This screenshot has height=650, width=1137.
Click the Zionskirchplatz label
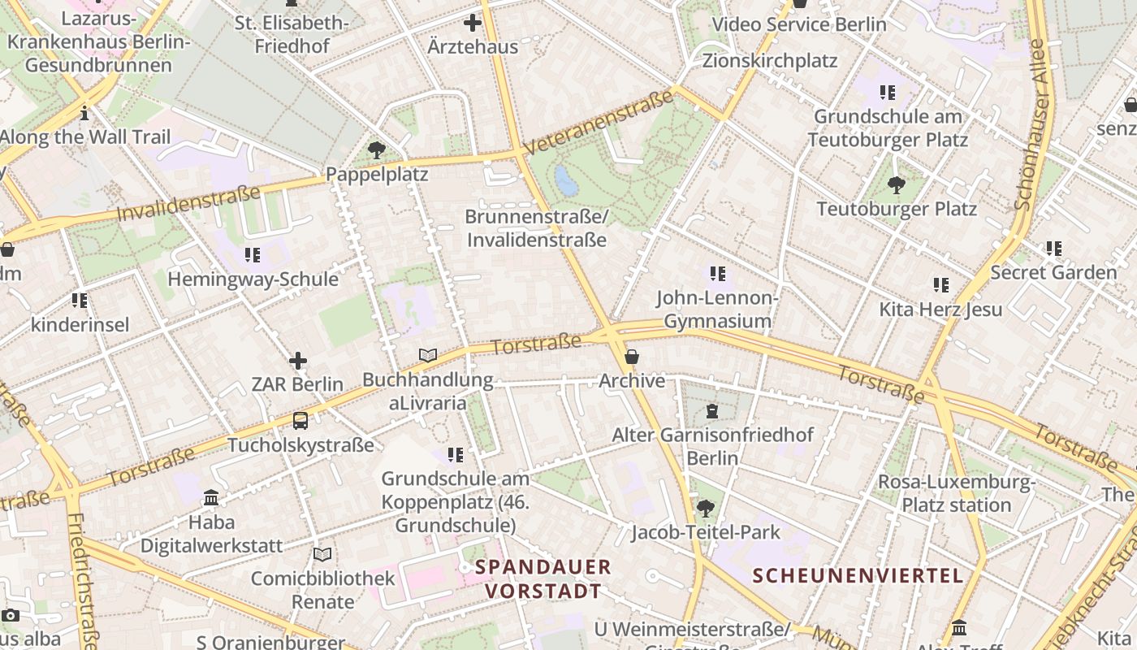point(769,61)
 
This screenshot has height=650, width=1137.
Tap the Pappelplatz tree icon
point(376,150)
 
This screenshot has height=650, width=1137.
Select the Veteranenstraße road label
point(599,123)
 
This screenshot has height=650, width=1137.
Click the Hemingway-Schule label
point(253,279)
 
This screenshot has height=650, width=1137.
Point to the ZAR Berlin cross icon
point(298,361)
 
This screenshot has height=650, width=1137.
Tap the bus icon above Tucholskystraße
point(300,421)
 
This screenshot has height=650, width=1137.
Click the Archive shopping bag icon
point(632,357)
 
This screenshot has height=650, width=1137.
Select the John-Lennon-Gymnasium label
point(717,310)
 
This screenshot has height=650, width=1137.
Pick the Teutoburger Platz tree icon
point(896,186)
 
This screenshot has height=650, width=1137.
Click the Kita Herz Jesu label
point(940,310)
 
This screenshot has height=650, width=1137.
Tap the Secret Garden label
point(1053,272)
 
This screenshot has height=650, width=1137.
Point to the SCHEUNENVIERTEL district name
point(858,576)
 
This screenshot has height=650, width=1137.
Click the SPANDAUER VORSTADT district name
point(543,578)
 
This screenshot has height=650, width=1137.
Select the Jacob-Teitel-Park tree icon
point(706,509)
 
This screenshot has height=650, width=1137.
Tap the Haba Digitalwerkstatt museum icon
point(211,497)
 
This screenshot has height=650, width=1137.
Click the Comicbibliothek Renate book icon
point(322,554)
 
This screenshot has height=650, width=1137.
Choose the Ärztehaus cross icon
point(472,24)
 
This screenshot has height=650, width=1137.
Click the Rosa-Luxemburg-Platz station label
point(956,493)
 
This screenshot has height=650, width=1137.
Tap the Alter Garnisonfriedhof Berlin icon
point(712,411)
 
